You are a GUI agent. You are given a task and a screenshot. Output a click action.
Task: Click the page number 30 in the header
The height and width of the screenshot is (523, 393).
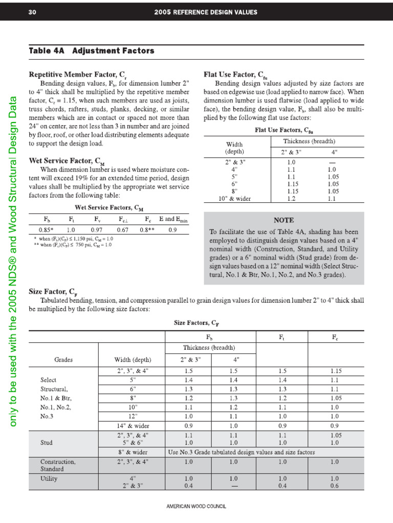click(32, 12)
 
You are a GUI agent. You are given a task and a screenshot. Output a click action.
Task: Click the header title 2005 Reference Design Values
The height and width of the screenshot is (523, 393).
click(205, 12)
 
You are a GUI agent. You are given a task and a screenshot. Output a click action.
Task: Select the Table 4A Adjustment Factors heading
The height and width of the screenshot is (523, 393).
click(91, 51)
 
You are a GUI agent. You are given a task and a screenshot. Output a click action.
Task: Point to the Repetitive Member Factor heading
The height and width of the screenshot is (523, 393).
click(81, 74)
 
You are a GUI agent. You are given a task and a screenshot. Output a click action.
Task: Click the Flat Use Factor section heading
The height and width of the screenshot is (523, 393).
click(235, 74)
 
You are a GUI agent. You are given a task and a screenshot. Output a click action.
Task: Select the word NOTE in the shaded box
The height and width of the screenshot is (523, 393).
click(283, 220)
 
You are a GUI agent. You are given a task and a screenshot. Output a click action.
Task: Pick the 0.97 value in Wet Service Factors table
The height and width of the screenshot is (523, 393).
click(97, 230)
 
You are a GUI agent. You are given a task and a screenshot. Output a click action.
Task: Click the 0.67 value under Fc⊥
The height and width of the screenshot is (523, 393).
click(122, 230)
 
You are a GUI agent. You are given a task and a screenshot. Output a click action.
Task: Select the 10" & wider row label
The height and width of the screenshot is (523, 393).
click(234, 199)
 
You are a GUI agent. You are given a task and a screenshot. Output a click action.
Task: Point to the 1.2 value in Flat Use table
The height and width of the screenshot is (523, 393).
click(291, 199)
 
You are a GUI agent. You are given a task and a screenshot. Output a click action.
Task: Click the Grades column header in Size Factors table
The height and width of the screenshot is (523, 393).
click(63, 360)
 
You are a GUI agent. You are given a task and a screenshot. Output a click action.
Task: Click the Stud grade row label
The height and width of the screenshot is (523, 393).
click(48, 443)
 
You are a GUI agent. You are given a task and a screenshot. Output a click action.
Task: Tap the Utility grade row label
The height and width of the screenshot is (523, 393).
click(49, 479)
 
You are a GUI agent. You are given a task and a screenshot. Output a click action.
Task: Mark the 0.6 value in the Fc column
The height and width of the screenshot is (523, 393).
click(334, 486)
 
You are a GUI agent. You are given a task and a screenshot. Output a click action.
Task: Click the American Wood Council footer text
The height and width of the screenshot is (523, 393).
click(196, 506)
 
